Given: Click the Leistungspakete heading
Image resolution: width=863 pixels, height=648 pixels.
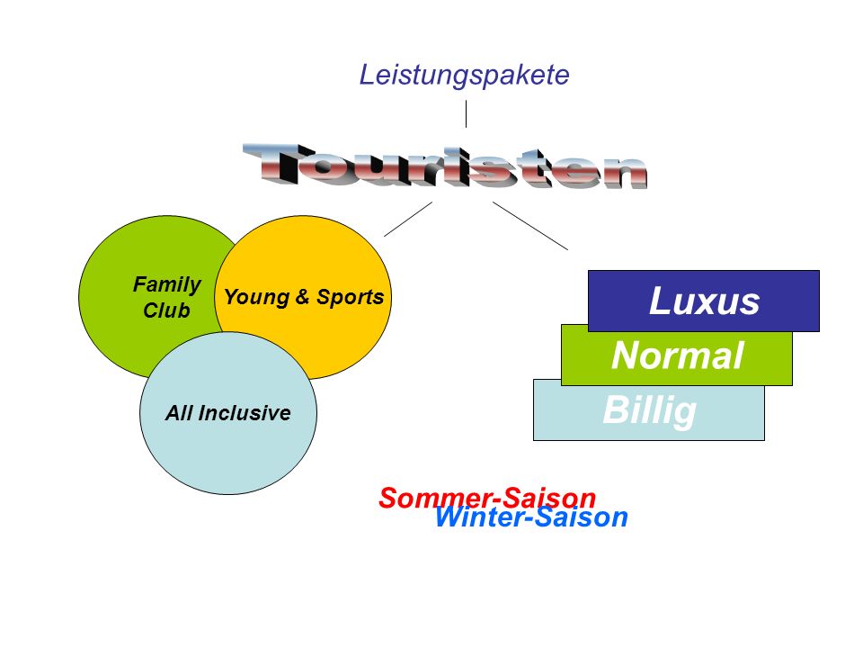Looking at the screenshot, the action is [464, 76].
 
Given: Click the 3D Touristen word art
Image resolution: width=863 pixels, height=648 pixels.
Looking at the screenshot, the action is [445, 166].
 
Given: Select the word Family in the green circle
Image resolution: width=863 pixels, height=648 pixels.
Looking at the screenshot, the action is [167, 285].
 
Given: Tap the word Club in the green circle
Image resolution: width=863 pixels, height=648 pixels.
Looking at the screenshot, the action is [166, 310].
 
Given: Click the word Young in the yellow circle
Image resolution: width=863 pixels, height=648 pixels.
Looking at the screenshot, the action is [257, 298].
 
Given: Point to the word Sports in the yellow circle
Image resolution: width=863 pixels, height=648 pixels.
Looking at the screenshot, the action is [350, 298].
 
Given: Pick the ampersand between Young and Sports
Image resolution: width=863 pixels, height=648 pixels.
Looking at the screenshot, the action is [303, 296].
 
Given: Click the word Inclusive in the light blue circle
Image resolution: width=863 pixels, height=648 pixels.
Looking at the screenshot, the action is [245, 413].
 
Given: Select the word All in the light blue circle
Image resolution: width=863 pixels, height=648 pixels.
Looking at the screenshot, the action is [179, 413].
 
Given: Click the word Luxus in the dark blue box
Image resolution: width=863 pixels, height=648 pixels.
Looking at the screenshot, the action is [705, 301].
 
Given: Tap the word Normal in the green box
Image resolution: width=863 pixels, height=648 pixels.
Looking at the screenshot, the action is [678, 355].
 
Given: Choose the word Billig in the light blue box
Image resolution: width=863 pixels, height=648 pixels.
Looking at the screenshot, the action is [649, 410].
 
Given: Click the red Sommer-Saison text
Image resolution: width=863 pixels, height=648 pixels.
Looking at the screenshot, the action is [487, 498].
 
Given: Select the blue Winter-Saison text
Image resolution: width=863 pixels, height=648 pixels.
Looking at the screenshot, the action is [531, 517].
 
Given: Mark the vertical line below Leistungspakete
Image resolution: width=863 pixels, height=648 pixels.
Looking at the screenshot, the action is [467, 114].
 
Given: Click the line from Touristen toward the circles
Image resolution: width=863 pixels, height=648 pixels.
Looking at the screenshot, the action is [408, 220].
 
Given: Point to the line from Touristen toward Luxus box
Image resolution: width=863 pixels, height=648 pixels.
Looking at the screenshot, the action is [530, 226].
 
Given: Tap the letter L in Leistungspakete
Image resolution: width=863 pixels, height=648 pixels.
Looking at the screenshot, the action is [367, 75].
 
